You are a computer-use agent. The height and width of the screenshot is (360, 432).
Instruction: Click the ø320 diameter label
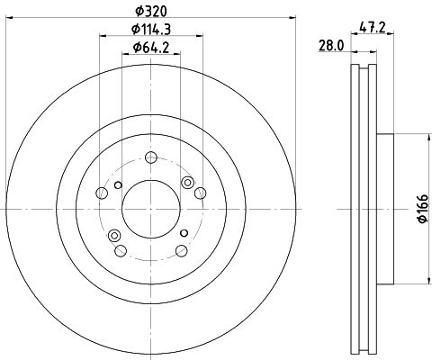point(150,12)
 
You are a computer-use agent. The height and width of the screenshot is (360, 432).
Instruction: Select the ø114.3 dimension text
point(151,29)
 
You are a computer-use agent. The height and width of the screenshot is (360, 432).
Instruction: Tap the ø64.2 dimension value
point(151,48)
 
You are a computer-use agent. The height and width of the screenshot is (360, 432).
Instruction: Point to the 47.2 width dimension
point(372,28)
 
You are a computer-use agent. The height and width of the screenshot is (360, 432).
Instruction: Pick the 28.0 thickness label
point(331,46)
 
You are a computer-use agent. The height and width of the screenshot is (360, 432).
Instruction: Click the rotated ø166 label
point(423,209)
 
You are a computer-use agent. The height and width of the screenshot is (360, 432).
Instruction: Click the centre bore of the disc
point(151,209)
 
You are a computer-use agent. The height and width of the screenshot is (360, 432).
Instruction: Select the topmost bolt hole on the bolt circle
point(151,157)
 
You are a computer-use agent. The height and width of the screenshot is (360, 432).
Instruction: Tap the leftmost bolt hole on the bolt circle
point(102,193)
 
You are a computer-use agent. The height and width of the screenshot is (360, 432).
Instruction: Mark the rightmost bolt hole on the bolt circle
point(200,193)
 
